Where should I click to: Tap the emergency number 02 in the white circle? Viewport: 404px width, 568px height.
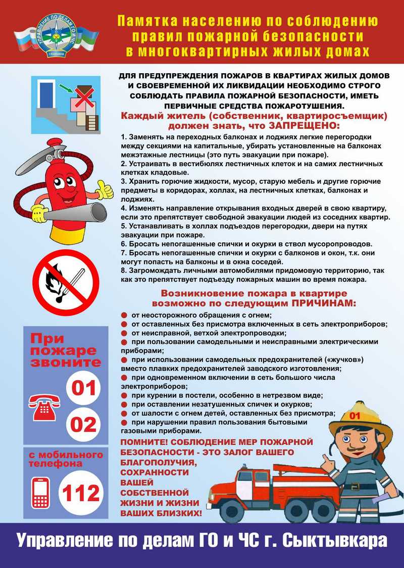[x=84, y=425]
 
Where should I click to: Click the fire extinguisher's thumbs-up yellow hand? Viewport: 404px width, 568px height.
[x=105, y=191]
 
